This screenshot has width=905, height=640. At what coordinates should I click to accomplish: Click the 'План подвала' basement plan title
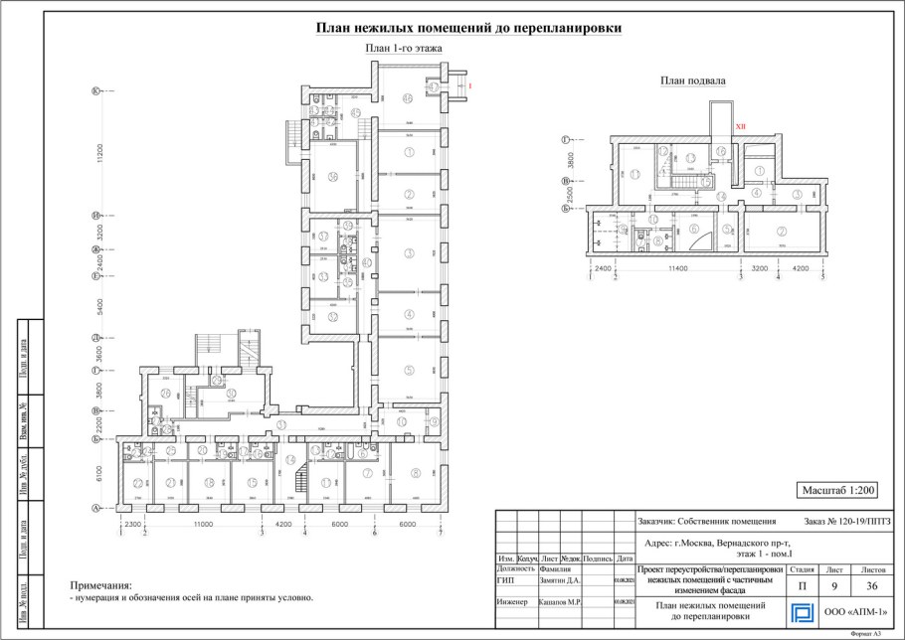click(x=693, y=80)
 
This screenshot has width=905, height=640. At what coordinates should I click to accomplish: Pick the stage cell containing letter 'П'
click(x=802, y=585)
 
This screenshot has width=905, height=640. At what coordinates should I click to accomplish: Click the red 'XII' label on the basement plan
click(x=740, y=127)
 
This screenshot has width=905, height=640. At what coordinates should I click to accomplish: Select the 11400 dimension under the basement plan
click(x=679, y=268)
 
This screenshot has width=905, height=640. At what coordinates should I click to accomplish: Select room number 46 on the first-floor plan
click(x=408, y=98)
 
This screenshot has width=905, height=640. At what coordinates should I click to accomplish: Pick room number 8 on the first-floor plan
click(x=416, y=473)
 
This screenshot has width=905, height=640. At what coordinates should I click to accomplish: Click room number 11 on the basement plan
click(x=652, y=219)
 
